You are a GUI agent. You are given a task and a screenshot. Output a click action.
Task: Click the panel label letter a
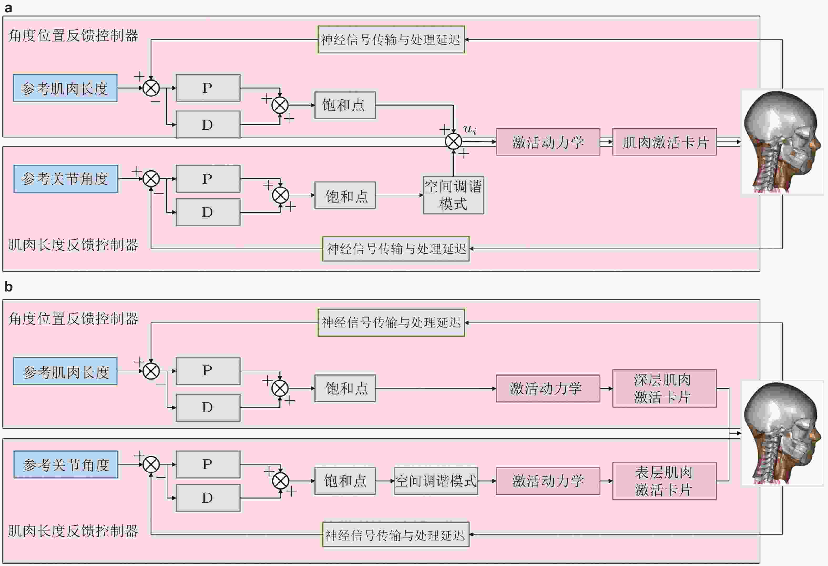click(x=8, y=8)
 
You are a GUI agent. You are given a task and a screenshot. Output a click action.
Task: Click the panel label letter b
click(x=8, y=287)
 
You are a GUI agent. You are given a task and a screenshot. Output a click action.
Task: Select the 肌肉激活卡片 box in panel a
click(x=665, y=142)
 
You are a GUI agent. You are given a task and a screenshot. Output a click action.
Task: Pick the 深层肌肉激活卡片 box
click(x=665, y=388)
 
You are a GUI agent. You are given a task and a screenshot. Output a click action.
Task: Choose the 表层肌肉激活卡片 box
click(x=665, y=481)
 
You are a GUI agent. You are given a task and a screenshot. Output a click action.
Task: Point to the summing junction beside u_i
click(x=453, y=141)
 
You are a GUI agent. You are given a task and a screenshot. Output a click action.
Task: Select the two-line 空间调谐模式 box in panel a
click(x=453, y=195)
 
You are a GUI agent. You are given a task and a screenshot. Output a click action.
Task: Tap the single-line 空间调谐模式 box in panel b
click(x=436, y=481)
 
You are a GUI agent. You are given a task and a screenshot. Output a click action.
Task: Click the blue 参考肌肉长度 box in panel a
click(x=65, y=88)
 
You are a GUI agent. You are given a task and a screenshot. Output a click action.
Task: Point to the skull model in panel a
click(x=783, y=142)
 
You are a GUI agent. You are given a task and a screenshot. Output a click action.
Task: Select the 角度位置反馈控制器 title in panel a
click(x=73, y=36)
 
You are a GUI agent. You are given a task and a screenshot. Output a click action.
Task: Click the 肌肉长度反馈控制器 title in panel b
click(x=73, y=531)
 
